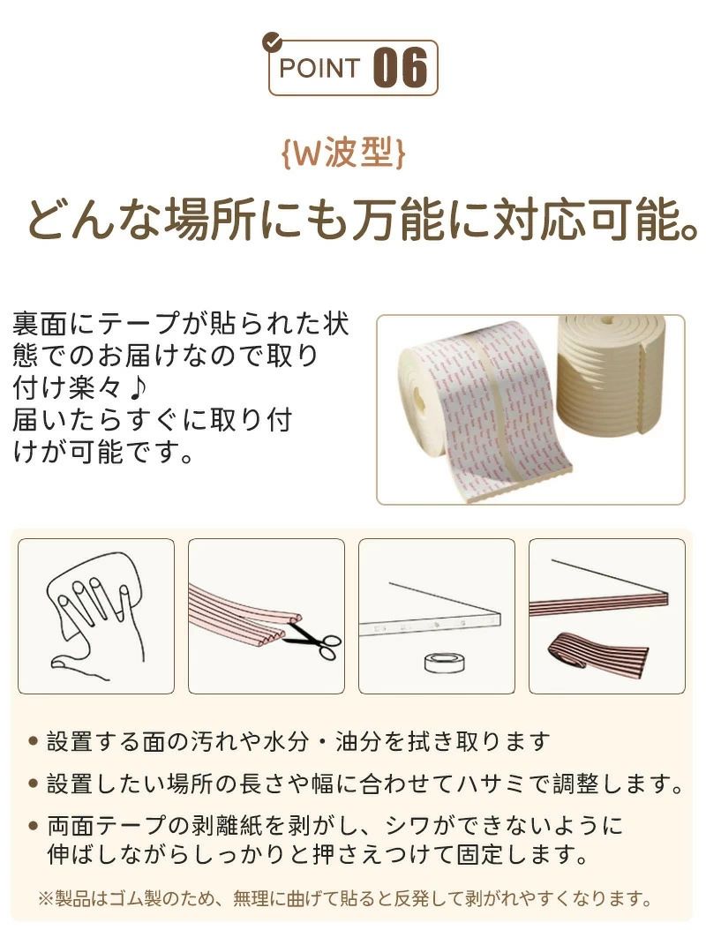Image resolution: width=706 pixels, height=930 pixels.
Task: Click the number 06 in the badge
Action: pyautogui.click(x=401, y=68)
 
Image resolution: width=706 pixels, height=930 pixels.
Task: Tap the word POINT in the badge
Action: pyautogui.click(x=319, y=68)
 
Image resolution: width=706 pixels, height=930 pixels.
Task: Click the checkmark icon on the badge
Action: pyautogui.click(x=272, y=41)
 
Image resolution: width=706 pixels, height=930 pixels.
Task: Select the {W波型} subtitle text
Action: pyautogui.click(x=344, y=154)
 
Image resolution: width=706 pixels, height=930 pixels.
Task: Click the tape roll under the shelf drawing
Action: pyautogui.click(x=444, y=662)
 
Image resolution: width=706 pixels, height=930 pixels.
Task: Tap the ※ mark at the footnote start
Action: pyautogui.click(x=46, y=898)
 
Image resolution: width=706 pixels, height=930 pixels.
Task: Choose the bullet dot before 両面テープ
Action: pyautogui.click(x=34, y=825)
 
